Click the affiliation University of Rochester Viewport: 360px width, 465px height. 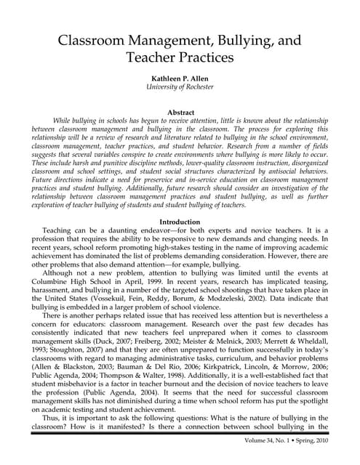point(180,88)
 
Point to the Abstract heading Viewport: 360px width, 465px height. point(180,113)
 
